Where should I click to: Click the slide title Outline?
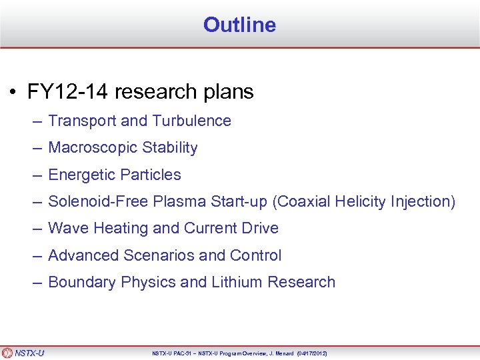(239, 25)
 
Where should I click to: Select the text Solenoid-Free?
(93, 201)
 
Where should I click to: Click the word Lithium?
(237, 282)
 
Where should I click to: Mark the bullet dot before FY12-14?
(13, 92)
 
